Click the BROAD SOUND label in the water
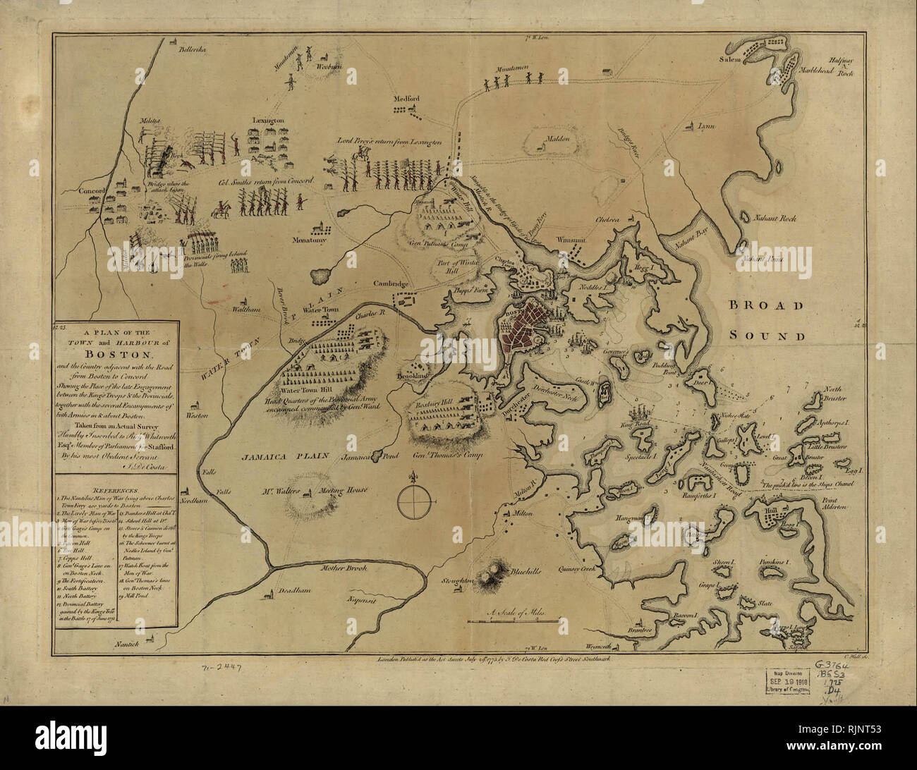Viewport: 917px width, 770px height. [x=766, y=320]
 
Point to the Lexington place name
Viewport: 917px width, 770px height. [x=269, y=121]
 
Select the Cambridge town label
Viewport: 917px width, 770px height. [x=391, y=284]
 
